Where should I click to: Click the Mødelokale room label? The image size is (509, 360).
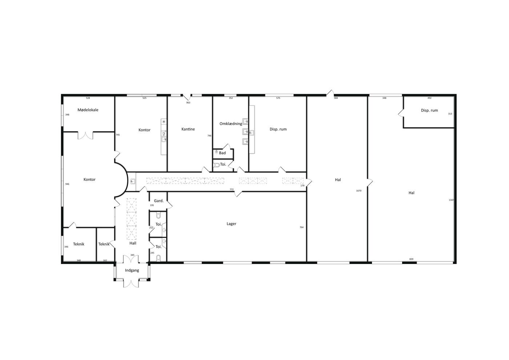(88, 110)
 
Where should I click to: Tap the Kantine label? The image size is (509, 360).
(188, 129)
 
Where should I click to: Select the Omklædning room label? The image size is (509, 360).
(231, 124)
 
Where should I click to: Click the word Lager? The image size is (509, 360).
(231, 224)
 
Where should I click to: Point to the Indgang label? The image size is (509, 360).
(132, 271)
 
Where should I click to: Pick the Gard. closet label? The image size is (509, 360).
(159, 201)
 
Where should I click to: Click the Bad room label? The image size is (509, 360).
(222, 153)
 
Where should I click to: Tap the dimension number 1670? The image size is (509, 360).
(358, 191)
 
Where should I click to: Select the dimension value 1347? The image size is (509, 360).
(451, 200)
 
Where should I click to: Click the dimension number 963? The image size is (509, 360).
(188, 103)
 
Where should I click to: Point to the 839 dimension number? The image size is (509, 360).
(411, 259)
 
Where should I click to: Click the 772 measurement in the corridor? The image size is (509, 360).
(232, 189)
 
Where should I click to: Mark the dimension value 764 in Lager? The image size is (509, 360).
(301, 227)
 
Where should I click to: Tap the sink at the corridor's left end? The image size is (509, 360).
(133, 181)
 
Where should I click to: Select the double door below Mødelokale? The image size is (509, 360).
(85, 136)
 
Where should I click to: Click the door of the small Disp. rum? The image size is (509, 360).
(401, 113)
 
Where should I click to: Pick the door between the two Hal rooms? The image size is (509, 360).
(370, 182)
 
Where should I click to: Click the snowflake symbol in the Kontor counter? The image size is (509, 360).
(164, 121)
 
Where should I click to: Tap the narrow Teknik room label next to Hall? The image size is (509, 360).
(104, 244)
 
